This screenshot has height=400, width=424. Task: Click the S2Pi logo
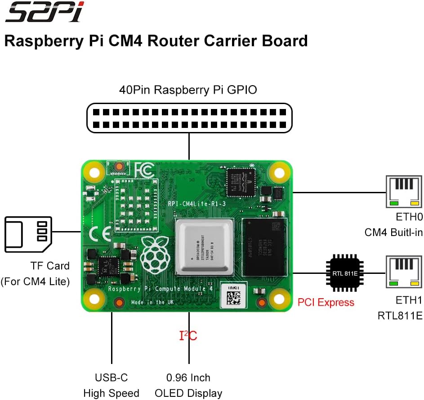coord(44,13)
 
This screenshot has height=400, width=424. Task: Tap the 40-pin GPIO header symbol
coord(189,118)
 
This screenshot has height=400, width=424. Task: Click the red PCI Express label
coord(326,302)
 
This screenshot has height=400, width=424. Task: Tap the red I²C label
coord(188,336)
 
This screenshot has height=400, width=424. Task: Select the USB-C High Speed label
coord(111,385)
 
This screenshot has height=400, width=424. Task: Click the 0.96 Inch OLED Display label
coord(188,385)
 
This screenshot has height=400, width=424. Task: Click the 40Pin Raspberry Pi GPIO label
coord(188,90)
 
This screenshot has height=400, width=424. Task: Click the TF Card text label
coord(50,266)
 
